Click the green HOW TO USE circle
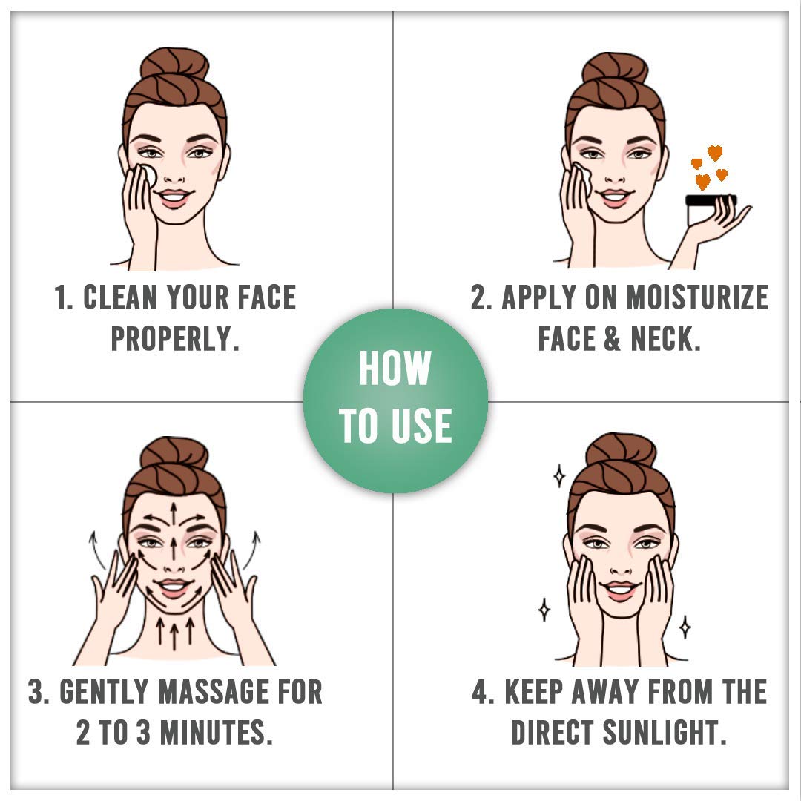coord(395,401)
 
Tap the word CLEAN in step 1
coord(120,297)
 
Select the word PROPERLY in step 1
coord(175,339)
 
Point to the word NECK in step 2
coord(665,339)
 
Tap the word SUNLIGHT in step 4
coord(665,732)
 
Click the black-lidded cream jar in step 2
coord(710,210)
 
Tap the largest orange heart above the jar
coord(715,152)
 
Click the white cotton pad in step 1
coord(147,175)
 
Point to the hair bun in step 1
coord(175,64)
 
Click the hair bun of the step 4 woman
coord(621,449)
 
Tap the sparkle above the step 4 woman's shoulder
coord(685,627)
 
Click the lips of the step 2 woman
coord(615,197)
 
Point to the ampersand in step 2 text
coord(611,339)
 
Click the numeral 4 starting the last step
coord(479,692)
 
